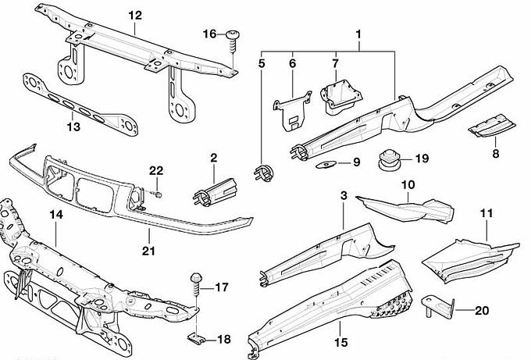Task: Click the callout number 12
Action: [135, 15]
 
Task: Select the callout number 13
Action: [72, 126]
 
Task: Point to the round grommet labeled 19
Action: [388, 159]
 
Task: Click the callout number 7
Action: [335, 61]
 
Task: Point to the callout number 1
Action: [359, 35]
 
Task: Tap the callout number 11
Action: [486, 212]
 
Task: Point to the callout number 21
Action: [149, 251]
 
